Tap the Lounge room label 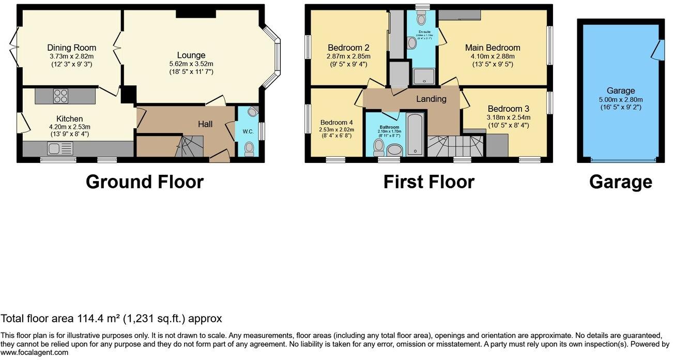pyautogui.click(x=191, y=55)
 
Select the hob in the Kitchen pyautogui.click(x=61, y=96)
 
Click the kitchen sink pyautogui.click(x=54, y=149)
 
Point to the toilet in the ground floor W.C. pyautogui.click(x=249, y=149)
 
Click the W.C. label pyautogui.click(x=248, y=131)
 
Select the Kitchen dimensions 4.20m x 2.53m pyautogui.click(x=69, y=127)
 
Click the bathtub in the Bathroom pyautogui.click(x=415, y=136)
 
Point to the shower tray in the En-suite pyautogui.click(x=424, y=78)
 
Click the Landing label pyautogui.click(x=431, y=99)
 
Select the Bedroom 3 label pyautogui.click(x=508, y=109)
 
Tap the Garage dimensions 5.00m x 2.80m pyautogui.click(x=621, y=99)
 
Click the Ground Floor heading pyautogui.click(x=144, y=182)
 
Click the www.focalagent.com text pyautogui.click(x=34, y=353)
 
